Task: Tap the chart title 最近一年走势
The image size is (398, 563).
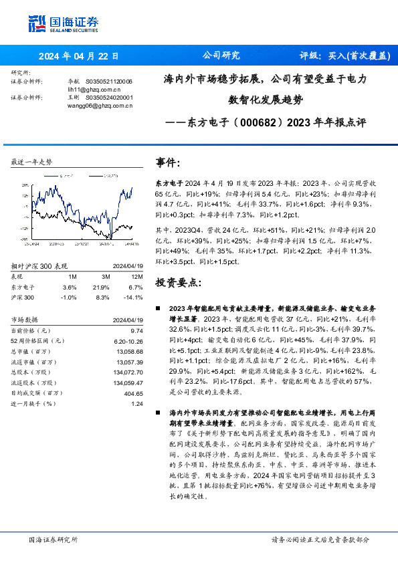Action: [x=32, y=162]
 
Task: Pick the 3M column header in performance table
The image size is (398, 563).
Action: [x=105, y=275]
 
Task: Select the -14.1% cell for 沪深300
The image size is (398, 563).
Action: [x=134, y=298]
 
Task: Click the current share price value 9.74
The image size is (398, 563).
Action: [x=136, y=330]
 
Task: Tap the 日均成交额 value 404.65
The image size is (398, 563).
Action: [x=133, y=392]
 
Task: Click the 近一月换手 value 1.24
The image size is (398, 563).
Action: [x=136, y=405]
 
